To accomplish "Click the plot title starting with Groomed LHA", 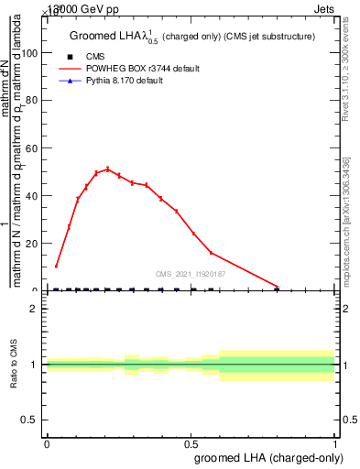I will point(192,37).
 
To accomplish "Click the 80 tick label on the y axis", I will point(34,101).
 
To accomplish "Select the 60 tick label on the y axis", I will point(34,148).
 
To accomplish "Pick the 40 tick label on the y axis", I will point(34,196).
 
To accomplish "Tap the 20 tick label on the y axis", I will point(34,244).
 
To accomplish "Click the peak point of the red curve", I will point(107,169).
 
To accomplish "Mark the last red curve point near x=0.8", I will point(277,287).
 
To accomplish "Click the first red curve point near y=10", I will point(57,267).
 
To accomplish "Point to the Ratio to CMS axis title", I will point(14,364).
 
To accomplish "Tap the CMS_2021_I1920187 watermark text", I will point(191,274).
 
